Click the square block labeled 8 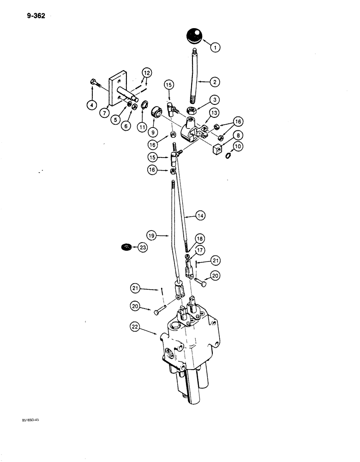point(216,149)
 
